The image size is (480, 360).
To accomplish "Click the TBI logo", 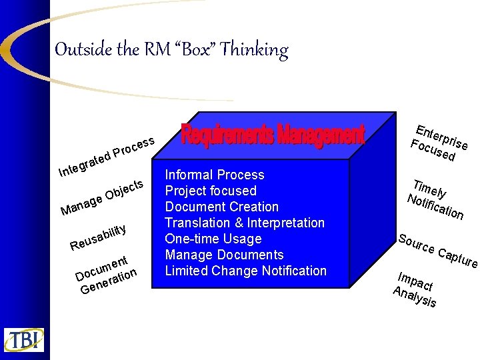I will coord(24,339).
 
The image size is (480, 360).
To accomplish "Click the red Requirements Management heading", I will coord(273,135).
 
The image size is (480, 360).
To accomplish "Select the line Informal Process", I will coord(215,175).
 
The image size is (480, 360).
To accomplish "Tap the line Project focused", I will coord(211,191).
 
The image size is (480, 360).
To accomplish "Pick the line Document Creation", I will coord(221,207).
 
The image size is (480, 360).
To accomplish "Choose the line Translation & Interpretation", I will coord(245,223).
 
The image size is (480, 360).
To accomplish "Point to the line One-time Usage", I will coord(213,239).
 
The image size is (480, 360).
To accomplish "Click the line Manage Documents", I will coord(224,255).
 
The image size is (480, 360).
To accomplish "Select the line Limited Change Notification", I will coord(246,271).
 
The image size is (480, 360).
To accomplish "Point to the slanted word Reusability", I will coord(99,237).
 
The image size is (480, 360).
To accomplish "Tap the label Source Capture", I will coord(437,249).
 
